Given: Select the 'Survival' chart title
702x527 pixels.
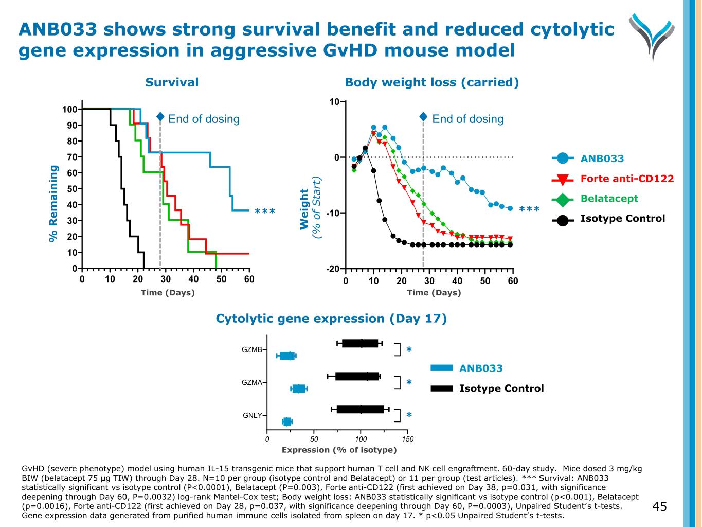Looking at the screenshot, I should [x=172, y=82].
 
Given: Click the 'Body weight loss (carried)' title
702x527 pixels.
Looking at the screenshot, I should [x=431, y=82].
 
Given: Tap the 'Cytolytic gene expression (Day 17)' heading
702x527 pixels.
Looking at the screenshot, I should [x=331, y=319].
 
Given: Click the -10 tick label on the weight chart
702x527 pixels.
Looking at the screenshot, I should [x=332, y=213].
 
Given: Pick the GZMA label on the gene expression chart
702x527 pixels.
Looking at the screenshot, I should [x=252, y=382].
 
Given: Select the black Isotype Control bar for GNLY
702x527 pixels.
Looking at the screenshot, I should [x=360, y=409].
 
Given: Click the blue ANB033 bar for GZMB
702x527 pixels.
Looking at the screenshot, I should [x=286, y=356].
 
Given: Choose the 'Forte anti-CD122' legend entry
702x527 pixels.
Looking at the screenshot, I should [x=627, y=179].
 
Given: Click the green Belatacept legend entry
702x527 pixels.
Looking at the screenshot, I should [x=609, y=199].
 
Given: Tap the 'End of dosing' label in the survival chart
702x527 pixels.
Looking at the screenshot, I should [x=204, y=119].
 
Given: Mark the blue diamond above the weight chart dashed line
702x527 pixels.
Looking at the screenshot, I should [x=423, y=117].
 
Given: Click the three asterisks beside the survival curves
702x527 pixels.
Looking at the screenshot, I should [x=265, y=212].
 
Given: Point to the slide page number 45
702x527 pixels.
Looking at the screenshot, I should [x=659, y=507].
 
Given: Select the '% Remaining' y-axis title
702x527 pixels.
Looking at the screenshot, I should [x=53, y=203].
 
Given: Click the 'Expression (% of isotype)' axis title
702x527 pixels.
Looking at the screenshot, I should [x=339, y=450].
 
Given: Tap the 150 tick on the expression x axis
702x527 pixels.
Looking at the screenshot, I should [x=408, y=439].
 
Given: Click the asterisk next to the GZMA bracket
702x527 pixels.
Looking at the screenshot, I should [x=409, y=382].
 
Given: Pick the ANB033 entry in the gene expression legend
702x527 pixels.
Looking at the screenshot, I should [x=480, y=368].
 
